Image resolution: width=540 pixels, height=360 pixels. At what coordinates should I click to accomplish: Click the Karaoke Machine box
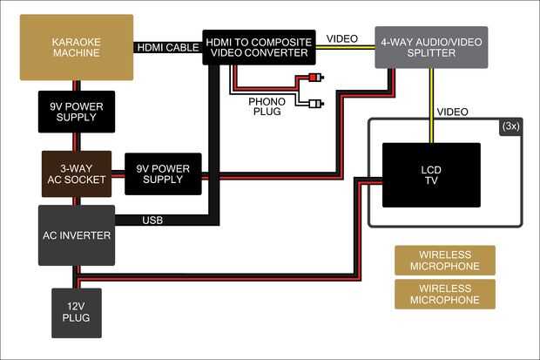[x=76, y=47]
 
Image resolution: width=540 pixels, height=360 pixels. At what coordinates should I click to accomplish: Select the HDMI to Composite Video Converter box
[x=257, y=47]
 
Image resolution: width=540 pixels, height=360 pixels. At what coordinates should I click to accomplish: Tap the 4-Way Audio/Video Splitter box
[x=431, y=47]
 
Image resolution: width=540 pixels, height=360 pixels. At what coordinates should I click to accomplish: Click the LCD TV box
[x=431, y=174]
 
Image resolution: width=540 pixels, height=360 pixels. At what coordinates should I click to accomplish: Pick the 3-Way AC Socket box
[x=76, y=173]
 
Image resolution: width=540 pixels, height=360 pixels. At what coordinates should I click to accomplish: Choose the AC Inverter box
[x=76, y=235]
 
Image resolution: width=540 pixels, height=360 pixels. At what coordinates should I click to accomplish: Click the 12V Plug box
[x=76, y=314]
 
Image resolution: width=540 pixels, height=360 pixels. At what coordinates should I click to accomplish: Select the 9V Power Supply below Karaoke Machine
[x=76, y=111]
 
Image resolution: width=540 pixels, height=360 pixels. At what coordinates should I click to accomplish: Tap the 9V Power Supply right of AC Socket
[x=163, y=173]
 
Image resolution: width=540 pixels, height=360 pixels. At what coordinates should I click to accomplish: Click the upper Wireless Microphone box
[x=444, y=260]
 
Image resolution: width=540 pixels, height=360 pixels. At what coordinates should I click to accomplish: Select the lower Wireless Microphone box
[x=444, y=294]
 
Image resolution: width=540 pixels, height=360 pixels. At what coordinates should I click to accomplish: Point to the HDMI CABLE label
[x=167, y=47]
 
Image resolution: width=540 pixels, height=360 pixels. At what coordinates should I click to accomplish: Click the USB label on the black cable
[x=152, y=221]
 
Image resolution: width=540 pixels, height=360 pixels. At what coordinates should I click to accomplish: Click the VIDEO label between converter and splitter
[x=342, y=38]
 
